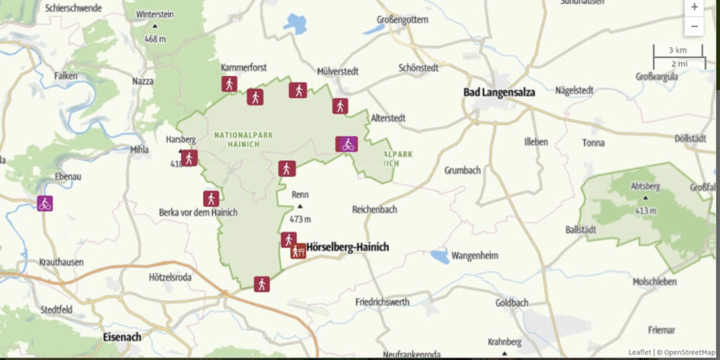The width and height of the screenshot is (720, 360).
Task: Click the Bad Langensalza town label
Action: point(499,92)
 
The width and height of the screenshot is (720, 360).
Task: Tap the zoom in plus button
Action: point(694,7)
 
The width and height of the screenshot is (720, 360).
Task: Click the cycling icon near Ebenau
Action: point(45,202)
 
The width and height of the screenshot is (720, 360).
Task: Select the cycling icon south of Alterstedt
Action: point(347,144)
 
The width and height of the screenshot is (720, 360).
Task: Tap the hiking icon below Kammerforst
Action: point(229,83)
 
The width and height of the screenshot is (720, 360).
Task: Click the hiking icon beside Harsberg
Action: point(190,158)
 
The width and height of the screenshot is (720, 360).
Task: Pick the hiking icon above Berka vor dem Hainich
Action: point(211,198)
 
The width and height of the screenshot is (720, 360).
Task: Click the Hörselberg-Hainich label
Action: point(348,247)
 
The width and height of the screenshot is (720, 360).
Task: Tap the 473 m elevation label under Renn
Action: point(301,219)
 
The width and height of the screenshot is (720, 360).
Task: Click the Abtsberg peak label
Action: point(646,186)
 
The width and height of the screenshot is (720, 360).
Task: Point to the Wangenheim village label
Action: point(475,255)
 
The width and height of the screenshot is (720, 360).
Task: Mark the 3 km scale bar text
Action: point(677,50)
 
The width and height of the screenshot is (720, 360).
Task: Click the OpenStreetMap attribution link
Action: point(689,353)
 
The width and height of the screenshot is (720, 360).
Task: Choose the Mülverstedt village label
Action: point(338,71)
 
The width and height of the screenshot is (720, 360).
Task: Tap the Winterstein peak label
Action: point(155,15)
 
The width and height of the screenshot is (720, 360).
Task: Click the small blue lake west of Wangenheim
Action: point(439,257)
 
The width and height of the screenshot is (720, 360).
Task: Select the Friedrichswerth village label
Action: point(383,302)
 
